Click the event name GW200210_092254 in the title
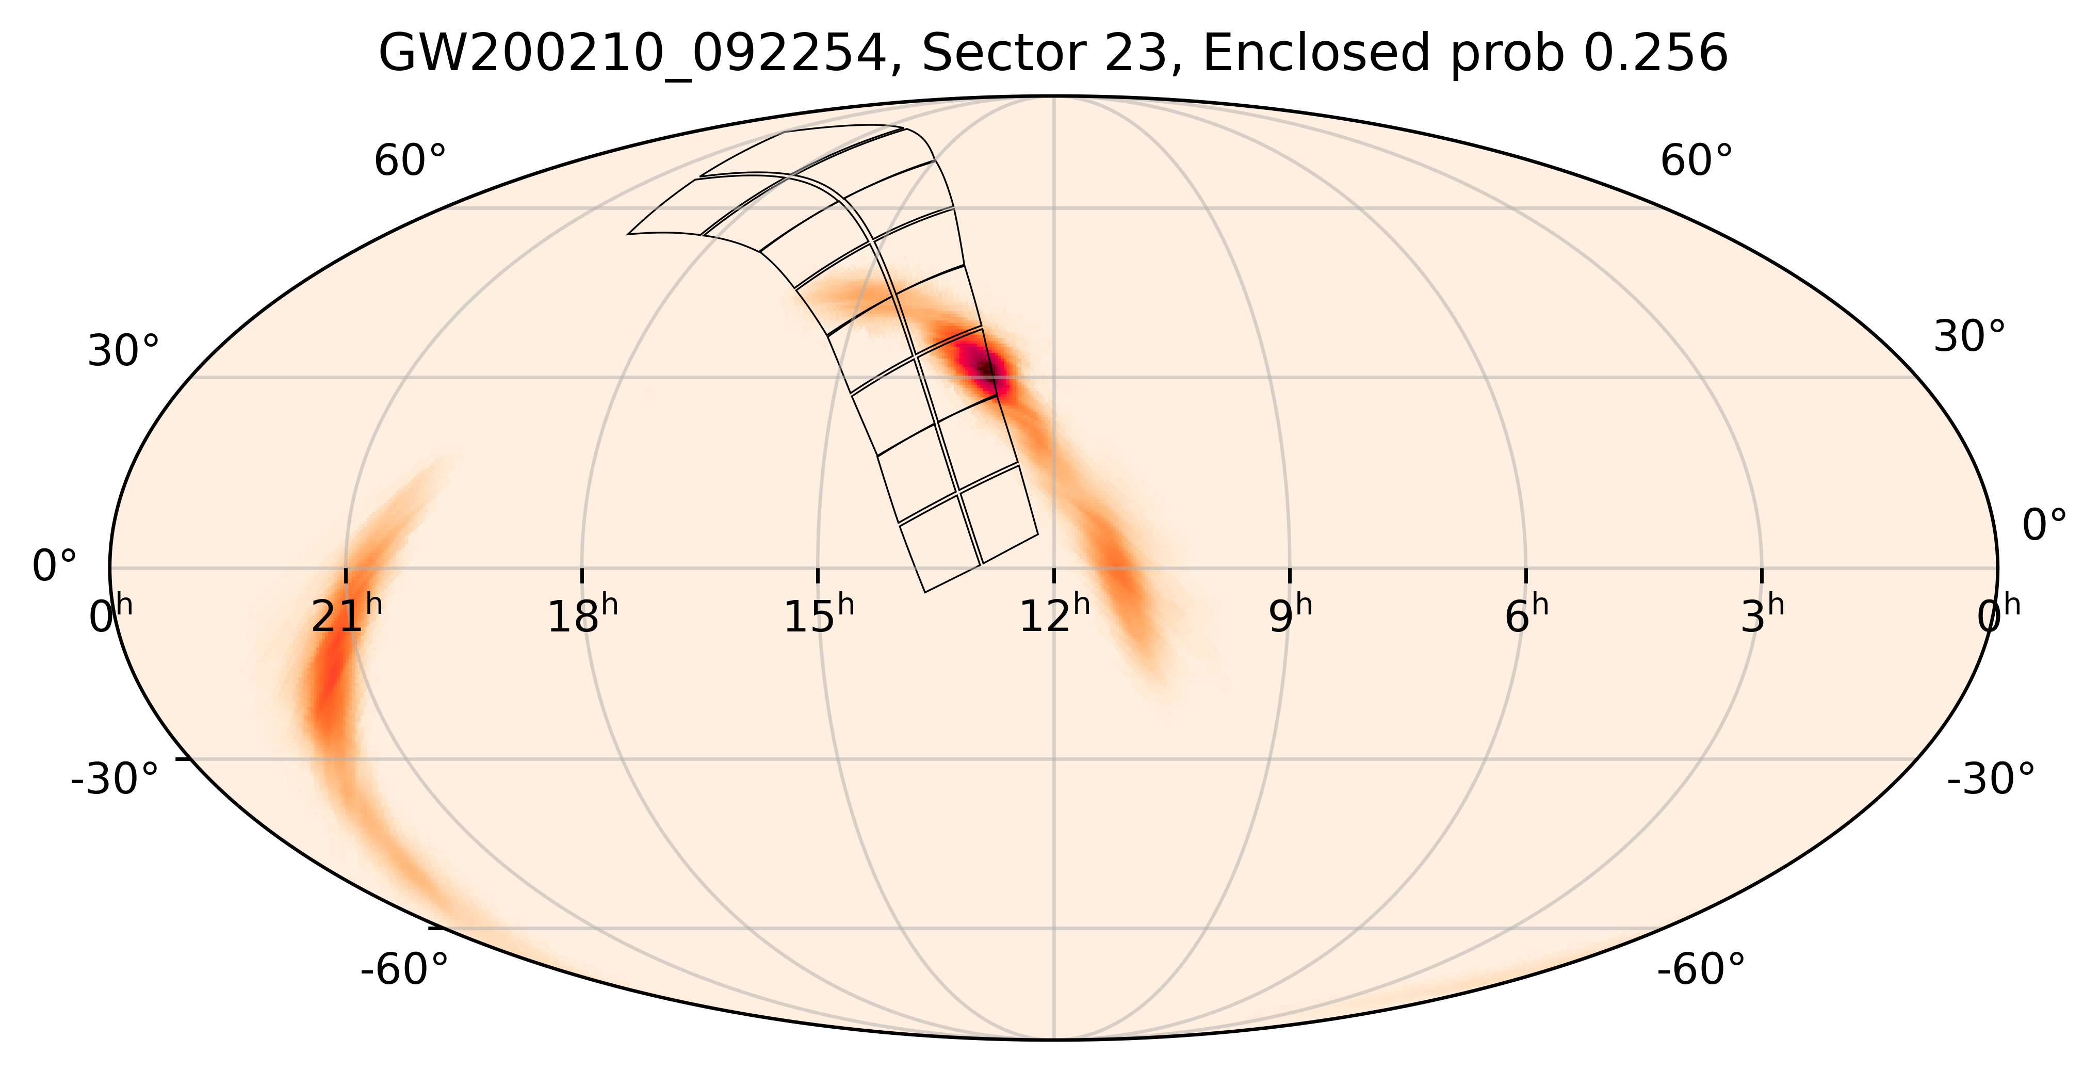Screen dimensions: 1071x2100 click(632, 55)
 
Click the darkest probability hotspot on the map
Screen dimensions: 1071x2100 click(986, 368)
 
